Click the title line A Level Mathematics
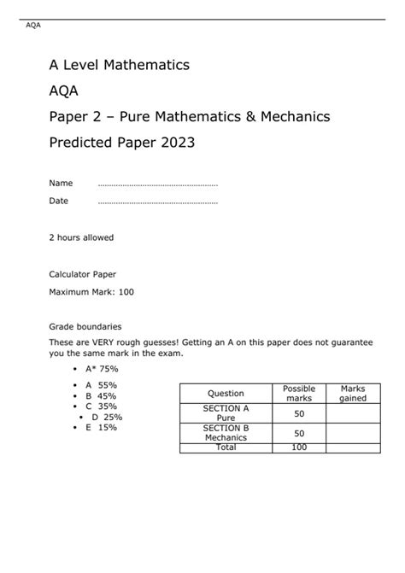tap(119, 65)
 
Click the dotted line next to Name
tap(158, 184)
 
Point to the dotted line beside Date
tap(158, 202)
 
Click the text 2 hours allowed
tap(81, 237)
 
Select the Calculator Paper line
tap(82, 274)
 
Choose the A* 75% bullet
tap(102, 369)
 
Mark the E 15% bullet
tap(101, 427)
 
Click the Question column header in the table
tap(226, 394)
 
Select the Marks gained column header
tap(353, 394)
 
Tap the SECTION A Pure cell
tap(226, 413)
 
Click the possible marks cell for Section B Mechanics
tap(299, 433)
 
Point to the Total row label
tap(226, 447)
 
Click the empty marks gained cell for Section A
tap(353, 413)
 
